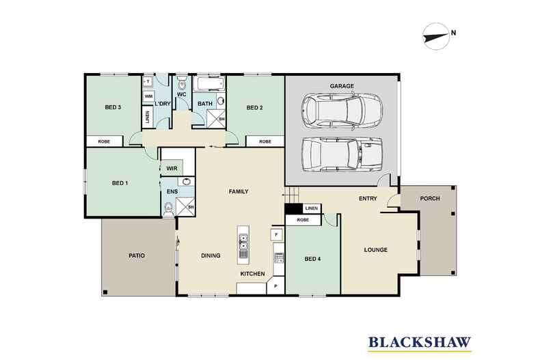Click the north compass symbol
coord(436,36)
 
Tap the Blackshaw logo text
coord(420,342)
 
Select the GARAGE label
coord(342,86)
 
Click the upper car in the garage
coord(342,111)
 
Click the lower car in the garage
coord(342,154)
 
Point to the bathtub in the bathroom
coord(208,83)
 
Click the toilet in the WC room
coord(182,83)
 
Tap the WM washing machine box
coord(149,96)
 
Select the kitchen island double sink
coord(243,242)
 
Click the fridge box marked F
coord(276,235)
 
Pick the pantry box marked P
coord(276,286)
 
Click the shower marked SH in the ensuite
coord(185,206)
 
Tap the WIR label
coord(172,168)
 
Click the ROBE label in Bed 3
coord(104,141)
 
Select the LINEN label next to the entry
coord(312,208)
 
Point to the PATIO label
coord(137,255)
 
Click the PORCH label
coord(430,199)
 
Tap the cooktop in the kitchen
coord(279,258)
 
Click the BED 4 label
coord(312,259)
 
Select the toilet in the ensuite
coord(168,209)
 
